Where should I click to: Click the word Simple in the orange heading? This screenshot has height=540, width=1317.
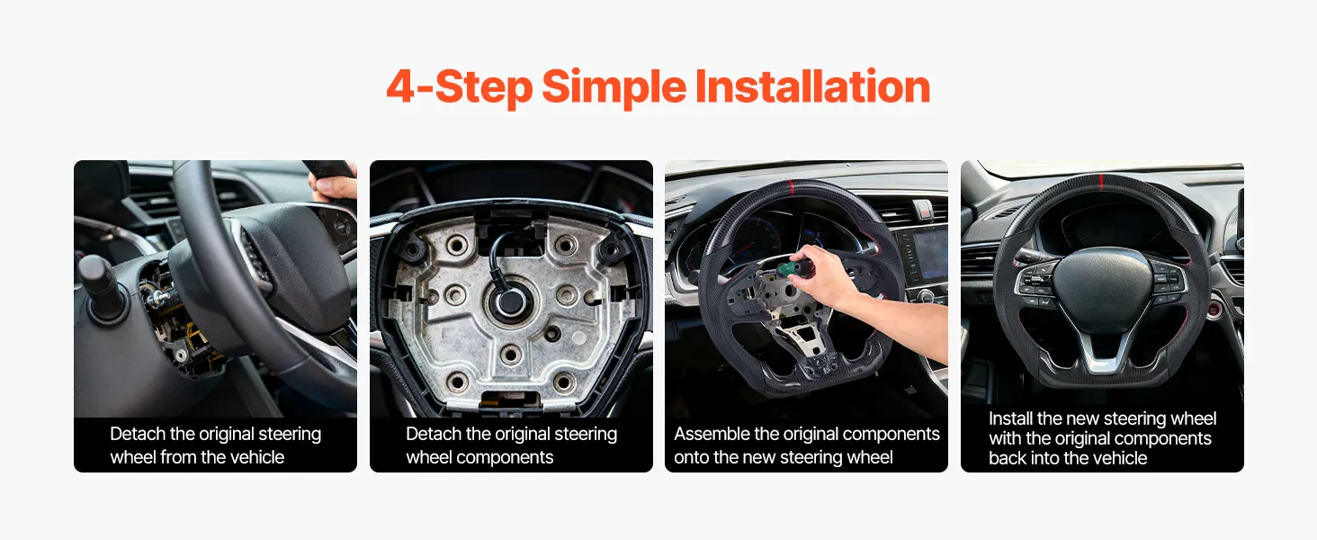[x=614, y=87]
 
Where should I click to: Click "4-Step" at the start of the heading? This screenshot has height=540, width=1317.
[x=460, y=87]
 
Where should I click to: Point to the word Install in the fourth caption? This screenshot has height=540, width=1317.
[x=1010, y=418]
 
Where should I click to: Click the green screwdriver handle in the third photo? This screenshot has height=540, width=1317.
[x=790, y=269]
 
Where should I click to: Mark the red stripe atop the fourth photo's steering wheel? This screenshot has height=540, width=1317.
[x=1100, y=182]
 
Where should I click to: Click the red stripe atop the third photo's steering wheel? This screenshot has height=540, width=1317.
[x=791, y=187]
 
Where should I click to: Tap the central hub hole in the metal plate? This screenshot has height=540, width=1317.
[x=509, y=301]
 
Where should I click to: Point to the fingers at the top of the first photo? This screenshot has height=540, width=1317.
[x=333, y=188]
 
